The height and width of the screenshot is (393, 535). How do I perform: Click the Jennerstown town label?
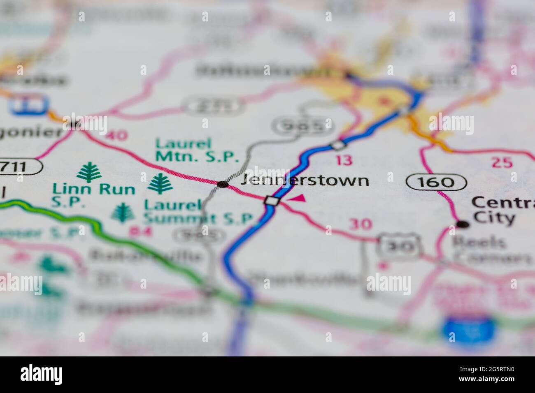[305, 180]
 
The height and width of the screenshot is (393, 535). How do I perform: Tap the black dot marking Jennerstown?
[223, 184]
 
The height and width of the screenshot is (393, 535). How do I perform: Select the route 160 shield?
[436, 181]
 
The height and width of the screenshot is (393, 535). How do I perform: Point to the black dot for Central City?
[463, 224]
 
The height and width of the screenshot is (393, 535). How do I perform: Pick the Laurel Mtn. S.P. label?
[197, 150]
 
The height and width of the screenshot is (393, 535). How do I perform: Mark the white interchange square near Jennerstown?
[272, 201]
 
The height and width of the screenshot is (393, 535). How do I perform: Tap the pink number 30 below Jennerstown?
[361, 224]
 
